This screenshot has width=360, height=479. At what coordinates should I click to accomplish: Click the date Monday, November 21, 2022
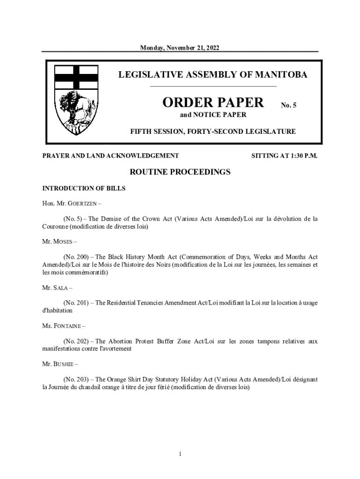180,48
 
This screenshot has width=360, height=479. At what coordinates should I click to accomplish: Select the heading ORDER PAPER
213,102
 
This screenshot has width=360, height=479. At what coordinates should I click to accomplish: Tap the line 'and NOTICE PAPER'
213,115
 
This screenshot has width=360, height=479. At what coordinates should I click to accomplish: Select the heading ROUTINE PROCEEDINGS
180,172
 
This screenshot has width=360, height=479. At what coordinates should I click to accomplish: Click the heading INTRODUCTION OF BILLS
84,189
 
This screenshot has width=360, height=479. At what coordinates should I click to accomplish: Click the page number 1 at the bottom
180,454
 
